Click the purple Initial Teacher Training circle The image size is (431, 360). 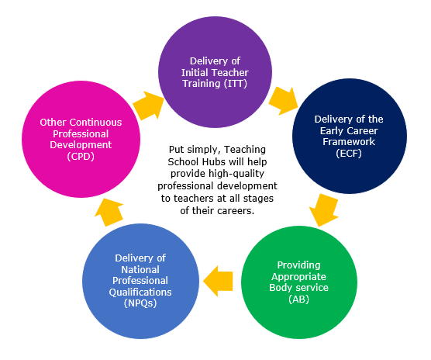click(215, 72)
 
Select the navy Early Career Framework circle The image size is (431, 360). click(350, 136)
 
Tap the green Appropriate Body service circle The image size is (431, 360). click(299, 282)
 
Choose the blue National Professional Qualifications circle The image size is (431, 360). click(140, 281)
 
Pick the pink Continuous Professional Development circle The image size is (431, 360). click(81, 139)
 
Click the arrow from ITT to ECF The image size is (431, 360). click(283, 101)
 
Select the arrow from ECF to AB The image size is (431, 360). click(324, 210)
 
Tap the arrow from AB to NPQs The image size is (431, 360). click(218, 281)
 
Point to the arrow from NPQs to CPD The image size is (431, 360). click(109, 212)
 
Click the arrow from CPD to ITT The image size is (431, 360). click(148, 106)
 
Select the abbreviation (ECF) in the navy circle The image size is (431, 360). click(349, 153)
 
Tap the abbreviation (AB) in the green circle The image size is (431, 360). click(298, 299)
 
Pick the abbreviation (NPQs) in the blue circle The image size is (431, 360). click(140, 303)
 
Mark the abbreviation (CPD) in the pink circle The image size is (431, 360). click(81, 156)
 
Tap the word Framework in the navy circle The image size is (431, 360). click(349, 142)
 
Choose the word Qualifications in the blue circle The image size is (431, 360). click(140, 292)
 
